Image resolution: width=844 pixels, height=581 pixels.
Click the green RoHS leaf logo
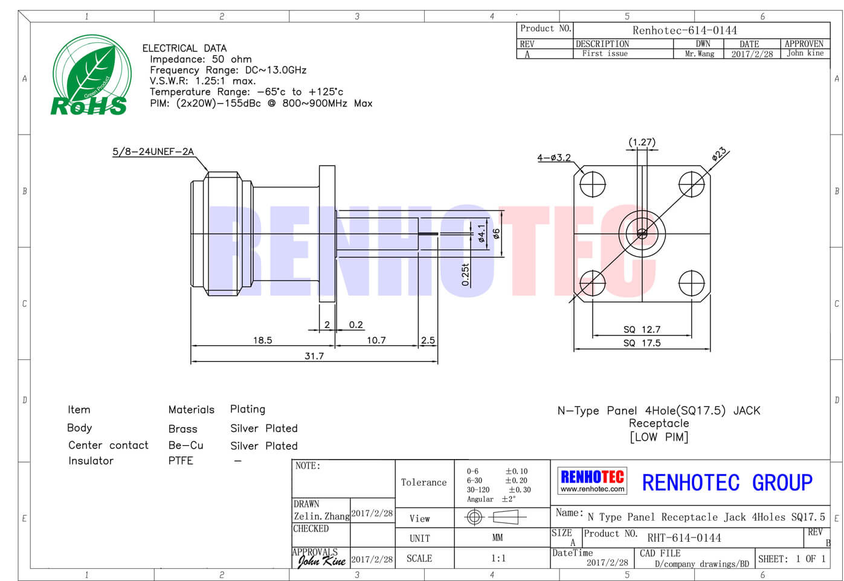point(92,75)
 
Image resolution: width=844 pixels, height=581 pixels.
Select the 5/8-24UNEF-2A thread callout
point(153,152)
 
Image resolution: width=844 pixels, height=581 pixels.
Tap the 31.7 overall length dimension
point(314,356)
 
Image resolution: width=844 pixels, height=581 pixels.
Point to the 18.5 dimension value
point(262,341)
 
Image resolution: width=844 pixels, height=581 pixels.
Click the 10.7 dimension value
point(376,341)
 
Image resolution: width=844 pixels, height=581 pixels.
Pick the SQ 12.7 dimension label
point(642,330)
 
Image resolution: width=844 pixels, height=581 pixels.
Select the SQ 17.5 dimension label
point(642,343)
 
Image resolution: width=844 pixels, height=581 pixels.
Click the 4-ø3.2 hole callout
point(554,158)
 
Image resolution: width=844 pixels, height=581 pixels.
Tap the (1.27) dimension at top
point(642,143)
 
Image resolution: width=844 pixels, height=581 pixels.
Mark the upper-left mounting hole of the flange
point(593,184)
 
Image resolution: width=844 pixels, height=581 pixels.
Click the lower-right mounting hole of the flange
point(691,283)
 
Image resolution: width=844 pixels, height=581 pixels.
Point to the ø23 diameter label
point(719,154)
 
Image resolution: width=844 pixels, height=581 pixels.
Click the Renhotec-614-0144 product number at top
point(685,30)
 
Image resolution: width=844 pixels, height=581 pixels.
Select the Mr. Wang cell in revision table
point(700,54)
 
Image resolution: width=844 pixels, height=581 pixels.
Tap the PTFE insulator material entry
point(181,460)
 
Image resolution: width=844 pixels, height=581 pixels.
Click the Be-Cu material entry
point(185,446)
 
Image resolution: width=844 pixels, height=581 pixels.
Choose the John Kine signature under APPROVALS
point(321,561)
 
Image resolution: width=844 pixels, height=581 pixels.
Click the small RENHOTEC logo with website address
point(592,481)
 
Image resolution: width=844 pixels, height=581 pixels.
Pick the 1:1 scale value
point(498,558)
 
